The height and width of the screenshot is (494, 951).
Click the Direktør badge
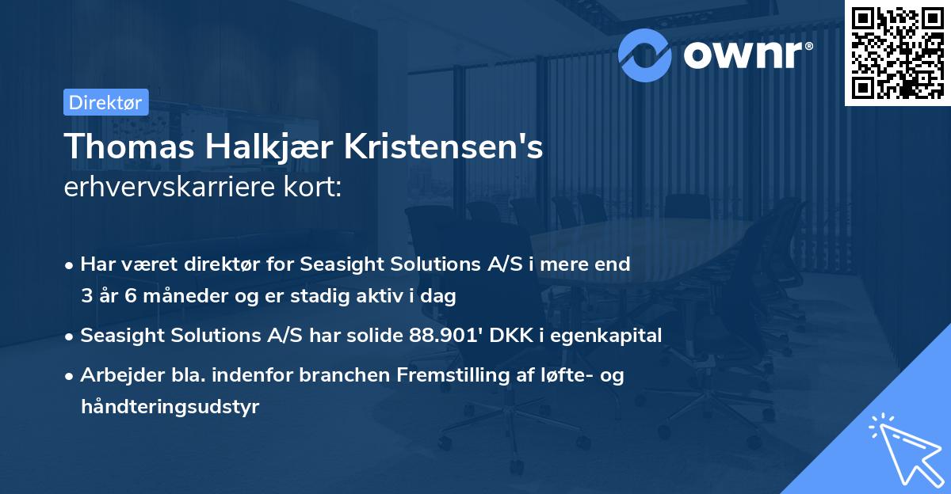pos(105,102)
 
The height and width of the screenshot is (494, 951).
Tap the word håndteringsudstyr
pos(170,407)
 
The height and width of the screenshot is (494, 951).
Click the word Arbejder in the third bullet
pos(115,375)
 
